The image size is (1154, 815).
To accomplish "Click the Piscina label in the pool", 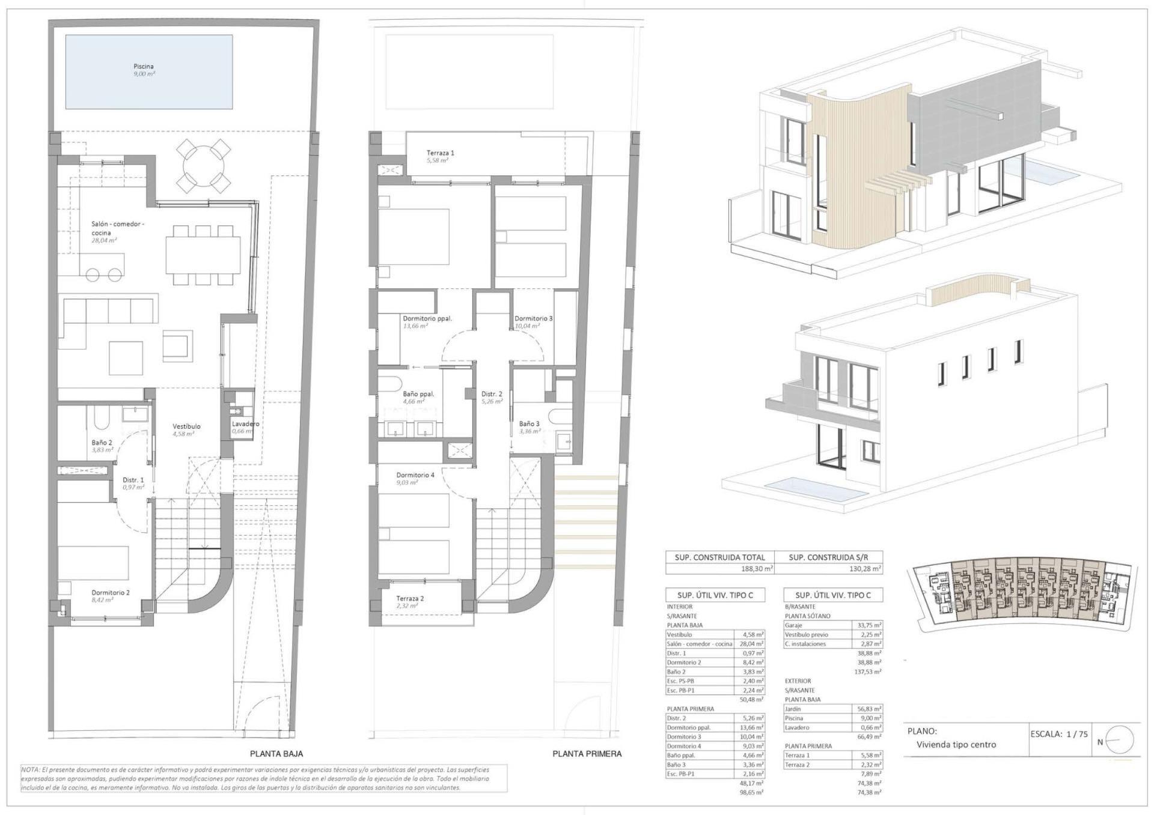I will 144,67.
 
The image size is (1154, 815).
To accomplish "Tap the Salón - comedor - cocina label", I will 118,228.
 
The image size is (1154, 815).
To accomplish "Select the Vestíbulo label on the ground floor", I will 186,426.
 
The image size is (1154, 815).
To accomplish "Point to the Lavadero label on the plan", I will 245,424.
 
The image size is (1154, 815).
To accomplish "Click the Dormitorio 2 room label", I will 111,592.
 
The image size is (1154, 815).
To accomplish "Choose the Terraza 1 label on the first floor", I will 441,153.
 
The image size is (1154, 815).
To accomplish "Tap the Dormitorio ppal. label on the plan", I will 427,319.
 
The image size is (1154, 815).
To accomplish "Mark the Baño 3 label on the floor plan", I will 530,423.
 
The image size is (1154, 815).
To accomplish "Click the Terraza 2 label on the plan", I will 410,599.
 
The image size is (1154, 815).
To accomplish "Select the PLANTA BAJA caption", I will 276,754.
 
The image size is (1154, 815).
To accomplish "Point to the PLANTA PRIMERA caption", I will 587,754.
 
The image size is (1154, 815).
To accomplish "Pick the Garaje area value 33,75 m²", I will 869,625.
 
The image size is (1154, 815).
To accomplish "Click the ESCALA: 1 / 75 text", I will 1059,734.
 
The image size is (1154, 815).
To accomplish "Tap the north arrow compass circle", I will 1119,740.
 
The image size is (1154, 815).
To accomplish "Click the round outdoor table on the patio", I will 204,163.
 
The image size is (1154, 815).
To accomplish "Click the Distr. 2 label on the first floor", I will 492,395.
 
